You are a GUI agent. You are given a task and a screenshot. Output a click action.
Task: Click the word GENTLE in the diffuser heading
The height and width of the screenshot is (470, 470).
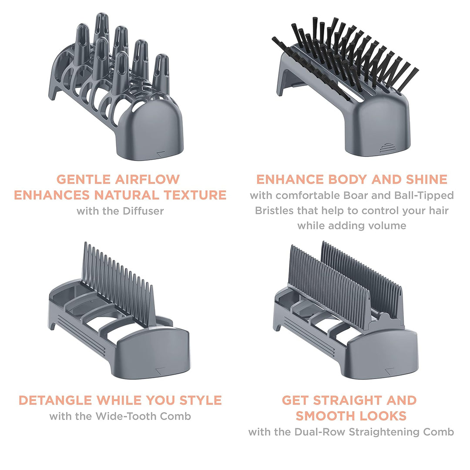83,179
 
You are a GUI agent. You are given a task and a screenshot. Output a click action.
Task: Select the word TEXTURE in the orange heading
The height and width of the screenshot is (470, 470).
195,195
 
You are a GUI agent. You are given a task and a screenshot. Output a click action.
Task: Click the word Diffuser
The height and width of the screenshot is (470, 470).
143,211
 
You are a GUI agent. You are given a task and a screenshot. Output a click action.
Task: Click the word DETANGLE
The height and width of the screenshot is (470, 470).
55,400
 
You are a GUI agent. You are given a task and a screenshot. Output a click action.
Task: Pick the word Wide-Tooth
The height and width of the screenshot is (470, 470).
126,416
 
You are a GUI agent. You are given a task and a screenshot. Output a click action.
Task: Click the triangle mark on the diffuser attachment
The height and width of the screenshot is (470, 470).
161,154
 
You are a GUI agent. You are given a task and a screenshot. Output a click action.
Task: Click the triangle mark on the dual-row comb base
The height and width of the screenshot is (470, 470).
389,371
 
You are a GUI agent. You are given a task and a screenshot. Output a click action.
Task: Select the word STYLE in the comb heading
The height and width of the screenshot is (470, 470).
201,400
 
